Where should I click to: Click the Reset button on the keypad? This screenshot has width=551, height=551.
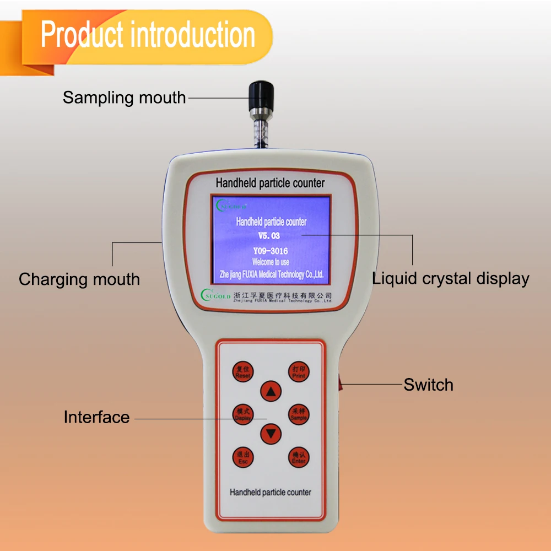coord(243,371)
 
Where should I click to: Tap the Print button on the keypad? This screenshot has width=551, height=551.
coord(299,371)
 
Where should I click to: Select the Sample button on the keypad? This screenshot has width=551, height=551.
coord(299,414)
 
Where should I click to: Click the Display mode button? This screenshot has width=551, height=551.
coord(243,414)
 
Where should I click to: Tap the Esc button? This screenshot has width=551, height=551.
coord(243,458)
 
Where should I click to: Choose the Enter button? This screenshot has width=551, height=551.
coord(299,458)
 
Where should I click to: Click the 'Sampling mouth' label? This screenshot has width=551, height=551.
coord(124,98)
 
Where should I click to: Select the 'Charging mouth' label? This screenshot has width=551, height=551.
coord(79,279)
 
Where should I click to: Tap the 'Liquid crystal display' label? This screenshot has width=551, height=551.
coord(450,278)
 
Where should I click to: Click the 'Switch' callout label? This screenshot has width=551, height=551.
coord(428,385)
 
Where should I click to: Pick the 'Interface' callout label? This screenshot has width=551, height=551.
coord(96,417)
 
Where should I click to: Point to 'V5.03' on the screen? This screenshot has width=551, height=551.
coord(269,236)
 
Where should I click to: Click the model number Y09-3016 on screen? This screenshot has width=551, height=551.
coord(271,252)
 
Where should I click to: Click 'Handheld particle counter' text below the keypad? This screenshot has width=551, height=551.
coord(270,492)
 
